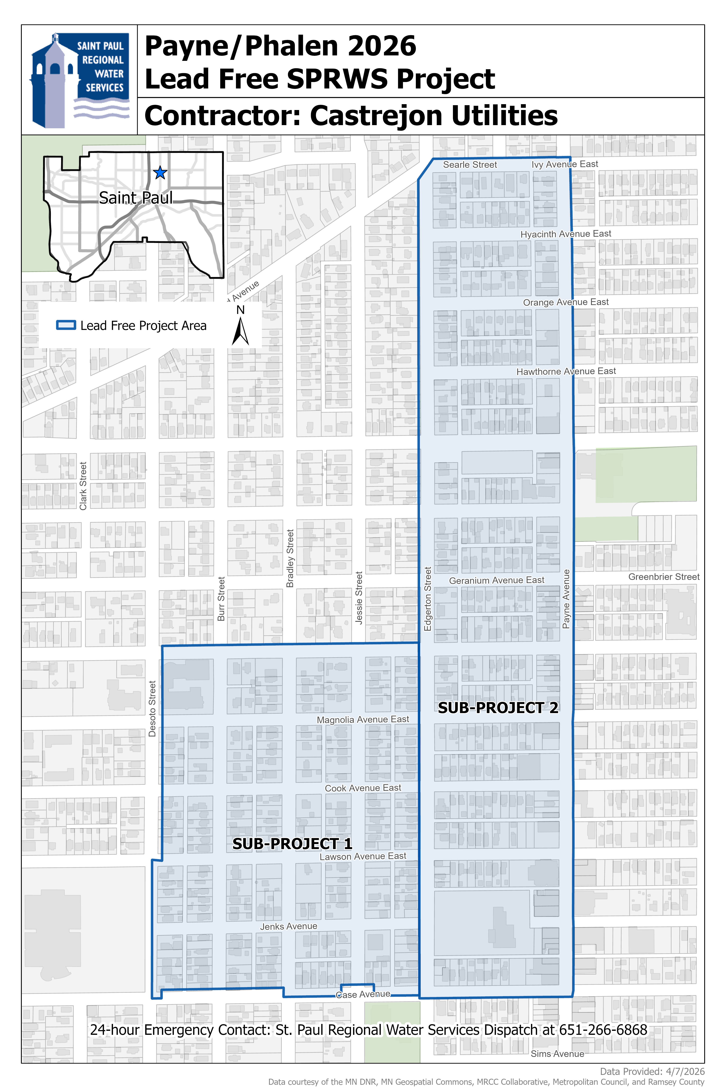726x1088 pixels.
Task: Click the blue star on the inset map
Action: point(160,173)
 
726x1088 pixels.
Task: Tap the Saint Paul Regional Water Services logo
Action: point(80,80)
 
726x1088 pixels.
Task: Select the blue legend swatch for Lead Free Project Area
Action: point(66,325)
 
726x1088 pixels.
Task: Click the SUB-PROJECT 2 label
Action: point(498,708)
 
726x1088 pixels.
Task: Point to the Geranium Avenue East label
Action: point(496,580)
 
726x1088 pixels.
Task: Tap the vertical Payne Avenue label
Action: point(566,599)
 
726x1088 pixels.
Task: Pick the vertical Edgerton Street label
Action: point(428,599)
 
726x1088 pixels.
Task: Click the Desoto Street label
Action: point(152,708)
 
